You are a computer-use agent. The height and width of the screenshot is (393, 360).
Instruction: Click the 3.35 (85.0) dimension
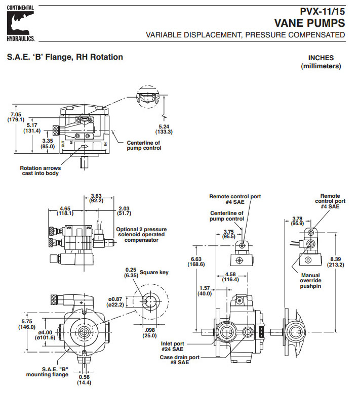point(48,144)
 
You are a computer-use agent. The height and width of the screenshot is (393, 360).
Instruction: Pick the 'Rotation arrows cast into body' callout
point(39,171)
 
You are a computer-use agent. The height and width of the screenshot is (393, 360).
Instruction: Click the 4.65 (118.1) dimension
point(66,210)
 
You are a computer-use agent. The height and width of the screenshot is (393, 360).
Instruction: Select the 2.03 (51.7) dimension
point(124,210)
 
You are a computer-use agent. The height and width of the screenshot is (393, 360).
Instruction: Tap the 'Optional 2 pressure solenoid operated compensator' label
point(141,234)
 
